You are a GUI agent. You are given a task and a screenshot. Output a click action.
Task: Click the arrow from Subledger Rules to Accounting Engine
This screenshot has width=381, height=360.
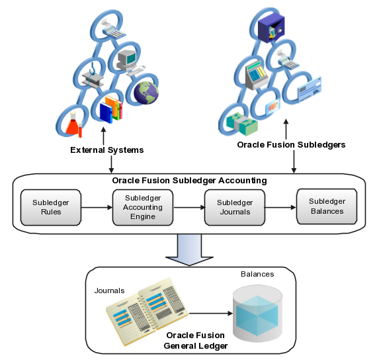point(96,207)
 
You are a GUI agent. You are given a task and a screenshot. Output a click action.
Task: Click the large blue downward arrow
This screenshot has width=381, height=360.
point(189,247)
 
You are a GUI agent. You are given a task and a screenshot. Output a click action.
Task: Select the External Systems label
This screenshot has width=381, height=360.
point(106,150)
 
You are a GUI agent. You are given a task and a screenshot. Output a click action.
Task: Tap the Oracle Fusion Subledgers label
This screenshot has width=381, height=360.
point(291,145)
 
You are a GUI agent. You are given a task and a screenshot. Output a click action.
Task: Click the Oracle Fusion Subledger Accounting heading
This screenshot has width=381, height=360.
point(189,180)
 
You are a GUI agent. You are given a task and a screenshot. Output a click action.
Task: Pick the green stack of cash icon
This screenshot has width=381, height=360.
point(237,120)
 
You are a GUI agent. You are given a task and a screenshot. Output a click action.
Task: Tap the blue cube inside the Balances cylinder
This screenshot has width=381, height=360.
point(257,312)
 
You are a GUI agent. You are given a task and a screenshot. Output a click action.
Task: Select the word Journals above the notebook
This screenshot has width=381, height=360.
point(109,289)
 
